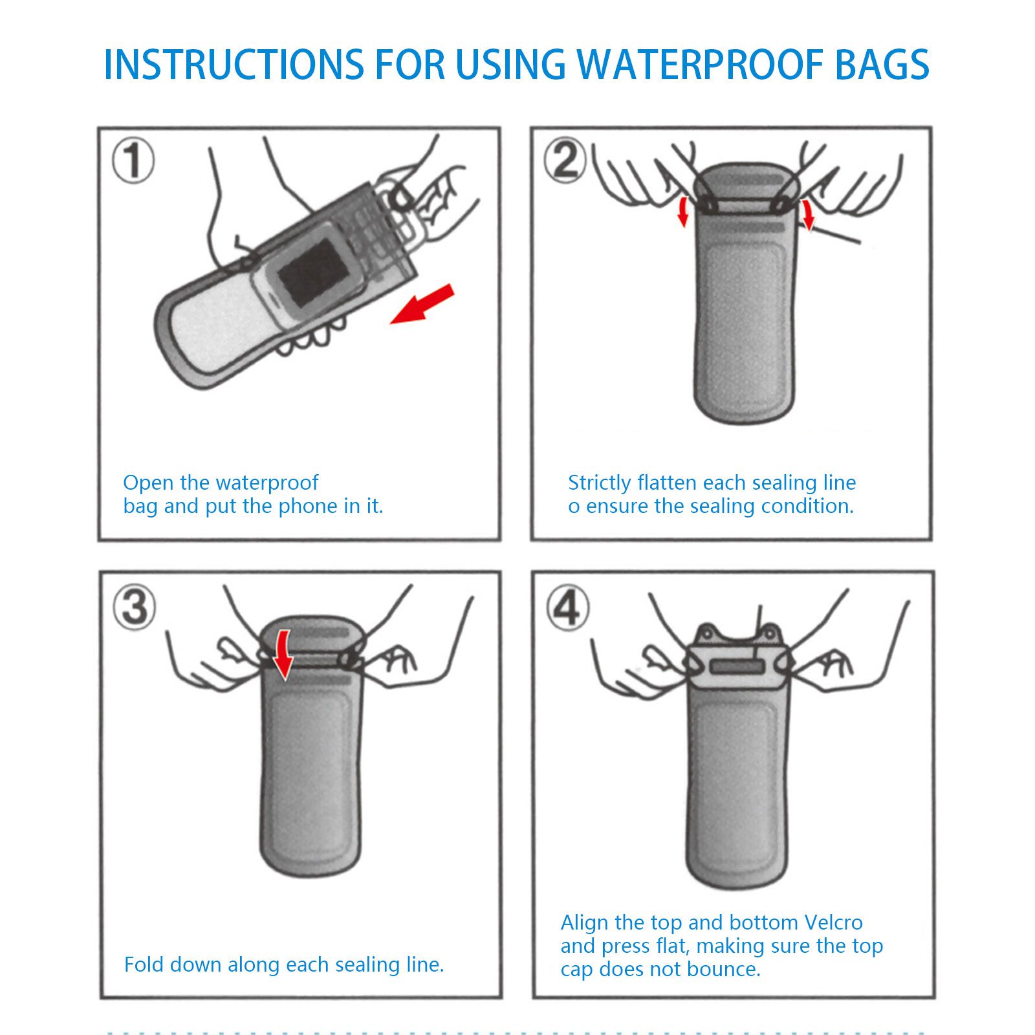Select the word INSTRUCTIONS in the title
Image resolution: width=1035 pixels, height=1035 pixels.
[234, 64]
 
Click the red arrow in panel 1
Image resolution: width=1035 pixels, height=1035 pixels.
[422, 304]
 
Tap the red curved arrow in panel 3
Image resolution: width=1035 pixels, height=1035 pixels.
[282, 655]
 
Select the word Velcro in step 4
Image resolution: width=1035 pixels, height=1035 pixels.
[833, 922]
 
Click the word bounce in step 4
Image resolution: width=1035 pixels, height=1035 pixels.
[726, 969]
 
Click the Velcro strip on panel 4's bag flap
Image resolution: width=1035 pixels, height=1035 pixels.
[737, 666]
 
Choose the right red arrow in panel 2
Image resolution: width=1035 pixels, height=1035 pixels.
[807, 214]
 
